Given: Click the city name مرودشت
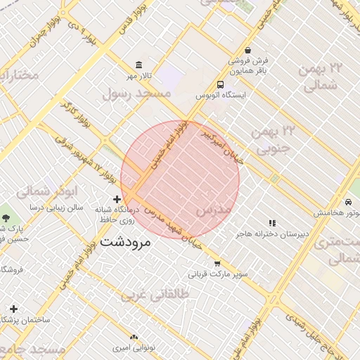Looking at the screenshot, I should click(126, 243).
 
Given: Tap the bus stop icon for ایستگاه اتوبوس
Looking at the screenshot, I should click(221, 84).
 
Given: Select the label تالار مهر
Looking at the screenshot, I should click(139, 75).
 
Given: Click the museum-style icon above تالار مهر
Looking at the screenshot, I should click(139, 65).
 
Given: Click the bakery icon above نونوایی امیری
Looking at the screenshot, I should click(134, 337).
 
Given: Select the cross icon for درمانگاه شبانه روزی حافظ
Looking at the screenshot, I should click(117, 200).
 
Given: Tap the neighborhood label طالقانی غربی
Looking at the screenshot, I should click(155, 295).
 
